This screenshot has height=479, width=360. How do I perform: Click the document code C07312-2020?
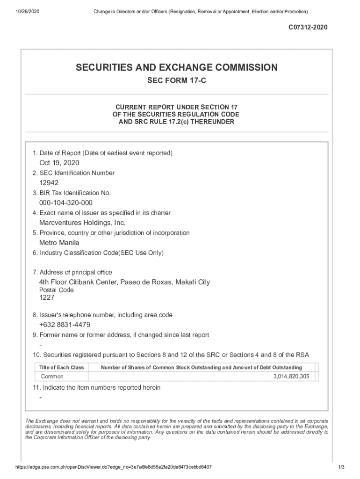pos(308,28)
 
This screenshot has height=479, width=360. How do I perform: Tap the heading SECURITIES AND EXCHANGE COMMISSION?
pos(177,68)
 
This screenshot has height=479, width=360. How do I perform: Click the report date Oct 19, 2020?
pos(59,163)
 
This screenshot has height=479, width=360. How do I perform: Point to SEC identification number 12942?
pos(49,183)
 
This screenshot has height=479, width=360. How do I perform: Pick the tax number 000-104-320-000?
pos(66,203)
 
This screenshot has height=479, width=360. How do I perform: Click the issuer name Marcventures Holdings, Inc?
pos(82,223)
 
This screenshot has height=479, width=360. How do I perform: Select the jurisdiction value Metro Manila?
pos(59,243)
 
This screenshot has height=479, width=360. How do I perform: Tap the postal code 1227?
pos(47,298)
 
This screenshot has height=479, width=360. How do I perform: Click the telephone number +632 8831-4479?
pos(65,325)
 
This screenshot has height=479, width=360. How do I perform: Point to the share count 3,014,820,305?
pos(291,377)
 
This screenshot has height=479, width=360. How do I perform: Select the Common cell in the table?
pos(52,377)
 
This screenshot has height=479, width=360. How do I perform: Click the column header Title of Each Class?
pos(61,368)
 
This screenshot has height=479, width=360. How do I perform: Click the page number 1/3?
pos(341,467)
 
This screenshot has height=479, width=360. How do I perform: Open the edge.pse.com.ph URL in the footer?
pos(114,467)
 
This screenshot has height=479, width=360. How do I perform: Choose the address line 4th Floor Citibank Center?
pos(125,282)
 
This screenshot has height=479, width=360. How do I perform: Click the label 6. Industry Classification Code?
pos(98,253)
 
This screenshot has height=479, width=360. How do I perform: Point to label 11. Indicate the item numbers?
pos(97,388)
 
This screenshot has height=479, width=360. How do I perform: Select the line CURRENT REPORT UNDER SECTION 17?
pos(177,107)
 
